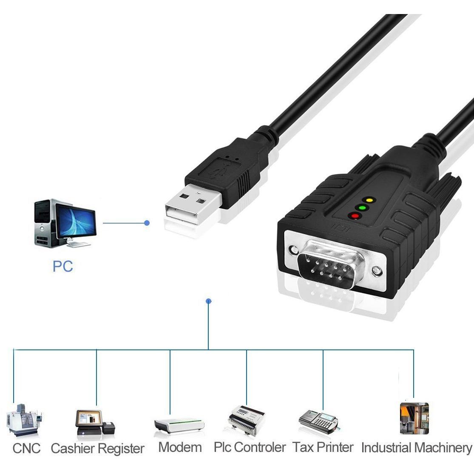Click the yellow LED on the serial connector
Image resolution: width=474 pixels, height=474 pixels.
click(x=369, y=200)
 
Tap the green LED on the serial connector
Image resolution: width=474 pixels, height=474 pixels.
click(x=362, y=208)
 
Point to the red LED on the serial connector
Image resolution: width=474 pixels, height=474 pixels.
click(x=355, y=216)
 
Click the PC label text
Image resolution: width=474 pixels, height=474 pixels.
click(x=63, y=266)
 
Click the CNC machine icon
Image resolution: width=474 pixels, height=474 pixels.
click(x=24, y=420)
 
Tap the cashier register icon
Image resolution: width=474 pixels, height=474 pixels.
click(x=95, y=424)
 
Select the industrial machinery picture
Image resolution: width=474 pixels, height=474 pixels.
click(x=414, y=418)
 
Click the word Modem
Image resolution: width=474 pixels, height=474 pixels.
click(x=180, y=447)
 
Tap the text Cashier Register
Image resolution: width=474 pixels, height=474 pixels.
click(x=97, y=448)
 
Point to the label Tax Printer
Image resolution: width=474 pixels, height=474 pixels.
click(x=323, y=447)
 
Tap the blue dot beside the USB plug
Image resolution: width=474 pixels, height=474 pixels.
click(x=147, y=223)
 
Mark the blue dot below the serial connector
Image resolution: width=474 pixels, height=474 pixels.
click(x=209, y=301)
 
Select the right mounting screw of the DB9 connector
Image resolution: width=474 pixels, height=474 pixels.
click(x=377, y=271)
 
